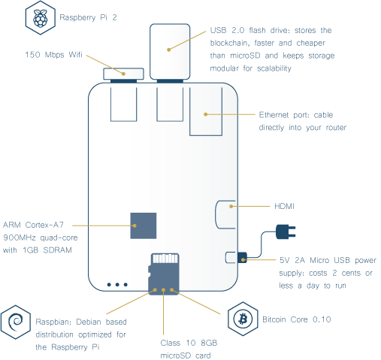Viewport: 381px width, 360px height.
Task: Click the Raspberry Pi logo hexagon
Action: click(41, 18)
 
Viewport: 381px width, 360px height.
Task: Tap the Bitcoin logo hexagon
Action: click(243, 319)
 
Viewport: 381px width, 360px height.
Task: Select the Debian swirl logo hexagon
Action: click(16, 322)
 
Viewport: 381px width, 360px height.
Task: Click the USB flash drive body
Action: click(170, 52)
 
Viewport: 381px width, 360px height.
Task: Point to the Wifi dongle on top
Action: click(123, 74)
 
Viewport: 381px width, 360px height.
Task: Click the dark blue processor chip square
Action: click(144, 225)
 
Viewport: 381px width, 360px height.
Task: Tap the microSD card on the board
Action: click(164, 274)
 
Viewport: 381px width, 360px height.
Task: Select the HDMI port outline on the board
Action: click(216, 215)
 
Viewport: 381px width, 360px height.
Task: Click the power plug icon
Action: click(286, 231)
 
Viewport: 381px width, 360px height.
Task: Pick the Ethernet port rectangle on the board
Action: click(206, 111)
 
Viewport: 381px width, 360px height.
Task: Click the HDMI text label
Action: click(284, 207)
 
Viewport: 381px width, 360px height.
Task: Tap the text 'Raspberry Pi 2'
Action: click(88, 18)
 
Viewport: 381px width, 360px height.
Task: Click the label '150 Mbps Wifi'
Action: click(53, 55)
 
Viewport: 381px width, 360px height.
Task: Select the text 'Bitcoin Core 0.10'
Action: click(297, 319)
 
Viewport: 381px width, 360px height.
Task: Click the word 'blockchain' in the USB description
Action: click(228, 43)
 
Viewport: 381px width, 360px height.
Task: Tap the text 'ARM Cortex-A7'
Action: click(33, 225)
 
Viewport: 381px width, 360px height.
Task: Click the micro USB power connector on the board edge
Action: click(242, 258)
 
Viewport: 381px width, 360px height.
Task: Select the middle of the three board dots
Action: click(117, 285)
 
